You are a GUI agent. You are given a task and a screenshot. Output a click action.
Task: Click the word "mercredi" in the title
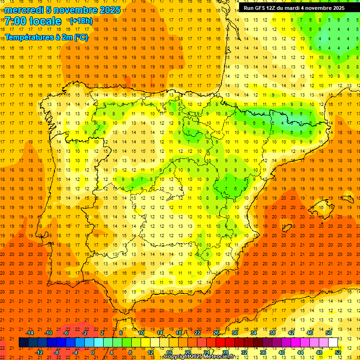point(24,10)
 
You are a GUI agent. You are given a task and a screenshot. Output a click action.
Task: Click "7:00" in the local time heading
point(16,21)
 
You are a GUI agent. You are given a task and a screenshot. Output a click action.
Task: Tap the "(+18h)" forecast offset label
point(81,21)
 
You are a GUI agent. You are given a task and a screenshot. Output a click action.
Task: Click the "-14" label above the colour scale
point(30,333)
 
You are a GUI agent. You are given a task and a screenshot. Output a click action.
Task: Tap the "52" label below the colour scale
point(338,352)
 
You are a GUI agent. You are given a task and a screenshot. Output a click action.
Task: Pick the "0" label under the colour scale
point(93,352)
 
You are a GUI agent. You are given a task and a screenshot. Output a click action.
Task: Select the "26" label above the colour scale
point(216,333)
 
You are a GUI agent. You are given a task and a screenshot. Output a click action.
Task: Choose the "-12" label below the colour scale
point(39,352)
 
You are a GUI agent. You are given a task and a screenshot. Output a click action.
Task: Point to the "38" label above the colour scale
point(272,333)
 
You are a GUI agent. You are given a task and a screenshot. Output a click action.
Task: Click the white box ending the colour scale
point(333,343)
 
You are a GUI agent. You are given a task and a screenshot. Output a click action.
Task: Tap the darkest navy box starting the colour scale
point(23,343)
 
